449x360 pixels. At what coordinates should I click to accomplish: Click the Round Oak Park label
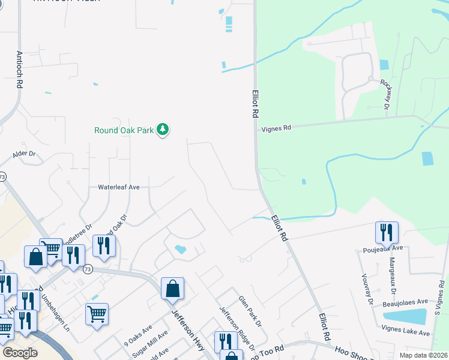[x=124, y=130]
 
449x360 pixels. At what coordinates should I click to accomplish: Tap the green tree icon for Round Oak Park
[x=162, y=129]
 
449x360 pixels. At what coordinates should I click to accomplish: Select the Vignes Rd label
[x=276, y=128]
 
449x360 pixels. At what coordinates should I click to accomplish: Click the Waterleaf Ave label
[x=119, y=187]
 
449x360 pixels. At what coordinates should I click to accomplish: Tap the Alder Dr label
[x=25, y=155]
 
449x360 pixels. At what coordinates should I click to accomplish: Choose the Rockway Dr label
[x=387, y=94]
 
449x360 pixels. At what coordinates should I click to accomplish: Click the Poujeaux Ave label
[x=385, y=248]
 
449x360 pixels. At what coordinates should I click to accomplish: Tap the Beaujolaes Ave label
[x=405, y=302]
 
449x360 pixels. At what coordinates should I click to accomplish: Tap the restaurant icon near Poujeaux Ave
[x=387, y=232]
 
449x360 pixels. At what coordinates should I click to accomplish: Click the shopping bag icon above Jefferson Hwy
[x=172, y=289]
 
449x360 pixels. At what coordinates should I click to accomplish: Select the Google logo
[x=20, y=352]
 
